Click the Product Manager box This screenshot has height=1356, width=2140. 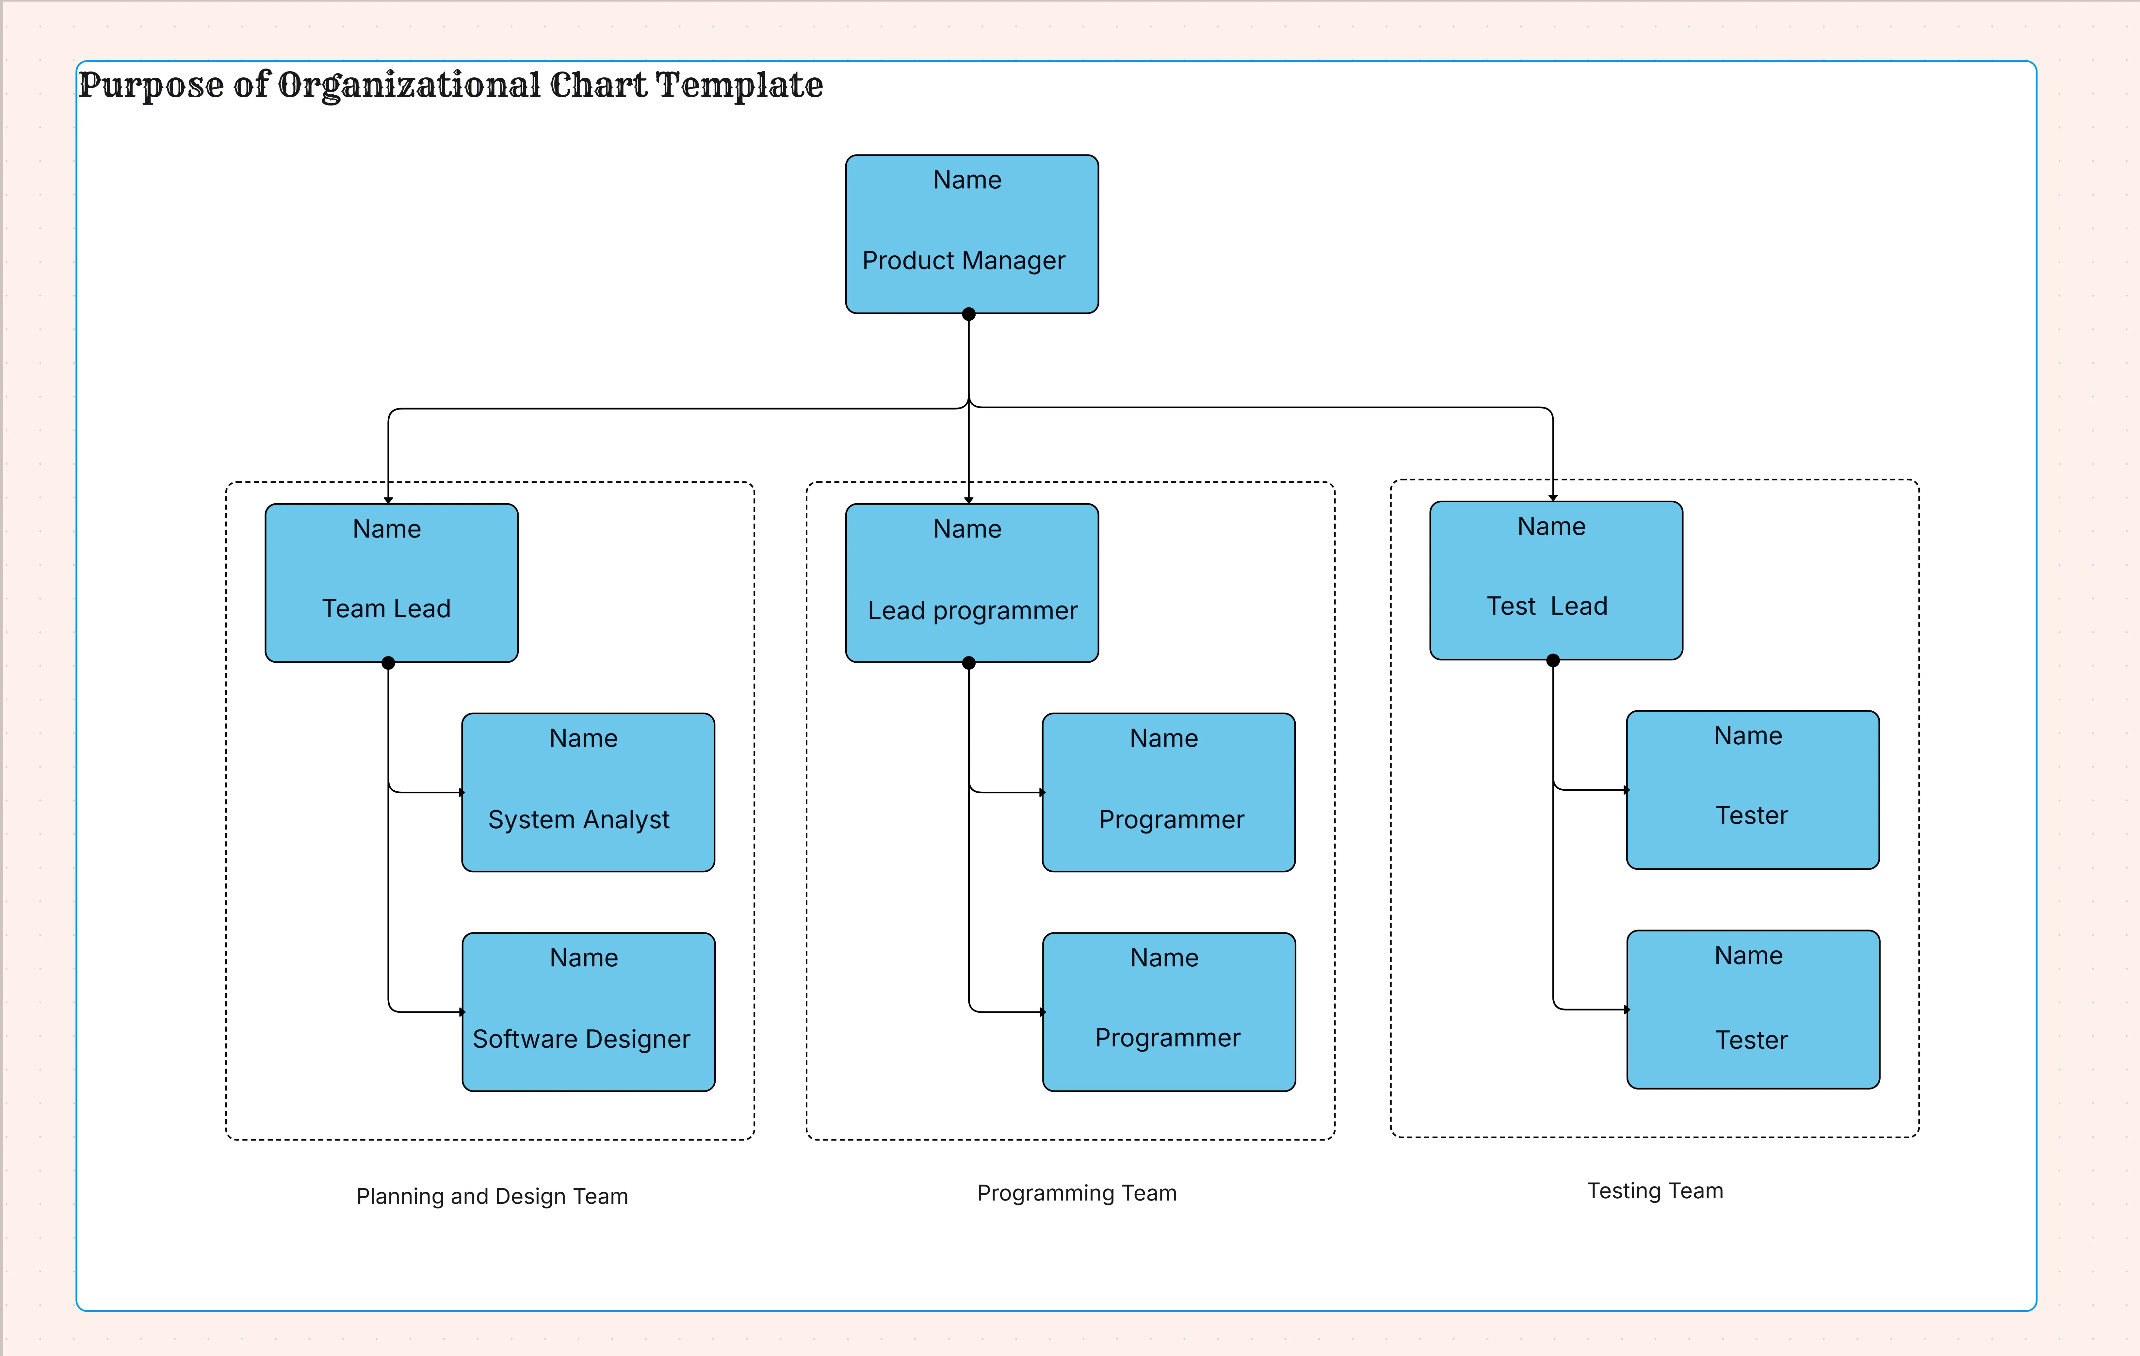coord(971,234)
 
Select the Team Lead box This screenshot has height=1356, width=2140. coord(391,583)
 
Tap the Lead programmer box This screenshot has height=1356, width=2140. coord(971,583)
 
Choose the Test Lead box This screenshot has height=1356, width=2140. coord(1555,580)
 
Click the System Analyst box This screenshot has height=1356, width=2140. coord(588,792)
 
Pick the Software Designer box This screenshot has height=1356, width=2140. coord(588,1011)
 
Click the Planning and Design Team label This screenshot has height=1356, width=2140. coord(492,1196)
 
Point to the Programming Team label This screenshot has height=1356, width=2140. coord(1076,1192)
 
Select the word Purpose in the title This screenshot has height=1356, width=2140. coord(151,85)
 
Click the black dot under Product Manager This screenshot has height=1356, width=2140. coord(969,314)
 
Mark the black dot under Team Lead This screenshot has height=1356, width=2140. coord(388,663)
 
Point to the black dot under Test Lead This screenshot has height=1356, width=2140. coord(1552,660)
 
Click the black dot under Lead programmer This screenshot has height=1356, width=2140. coord(969,663)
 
